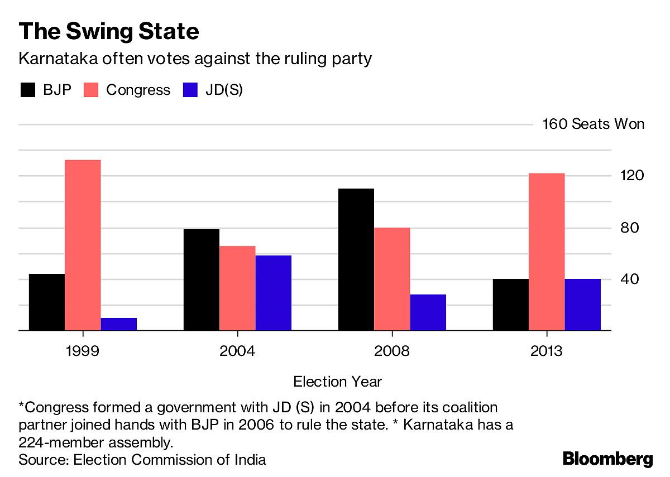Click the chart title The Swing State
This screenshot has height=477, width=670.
coord(108,32)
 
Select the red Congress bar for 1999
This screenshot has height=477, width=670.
coord(83,245)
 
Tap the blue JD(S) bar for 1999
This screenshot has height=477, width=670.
coord(118,324)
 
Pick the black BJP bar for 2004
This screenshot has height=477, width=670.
coord(202,280)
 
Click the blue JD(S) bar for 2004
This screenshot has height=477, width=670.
coord(274,293)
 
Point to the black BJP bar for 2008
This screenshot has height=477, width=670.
coord(356,259)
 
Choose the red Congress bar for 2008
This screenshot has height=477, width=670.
coord(392,279)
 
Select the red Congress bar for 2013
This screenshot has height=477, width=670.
coord(547,252)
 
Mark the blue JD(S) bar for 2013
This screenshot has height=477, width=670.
coord(582,305)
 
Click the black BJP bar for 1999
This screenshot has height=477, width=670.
coord(47,302)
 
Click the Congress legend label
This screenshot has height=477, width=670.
coord(138,90)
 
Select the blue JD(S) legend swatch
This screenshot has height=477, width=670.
coord(191,90)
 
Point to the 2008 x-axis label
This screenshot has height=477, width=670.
coord(392,351)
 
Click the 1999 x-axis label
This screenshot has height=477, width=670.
coord(83,351)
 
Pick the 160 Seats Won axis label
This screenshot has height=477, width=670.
coord(593,124)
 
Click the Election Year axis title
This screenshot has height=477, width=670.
coord(337,382)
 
